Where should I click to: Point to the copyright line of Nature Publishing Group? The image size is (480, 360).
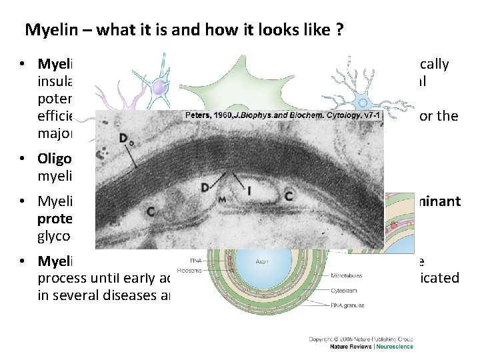[361, 339]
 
